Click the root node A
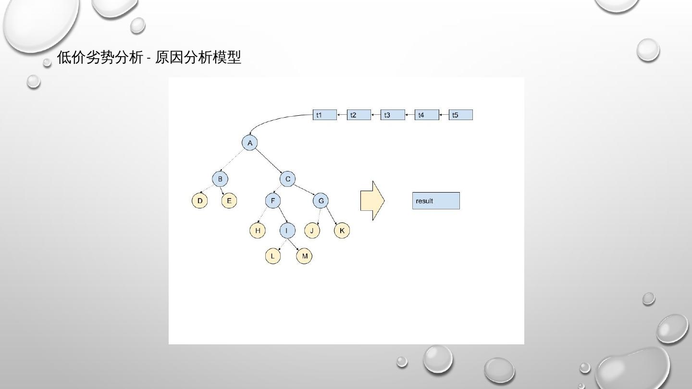pyautogui.click(x=249, y=143)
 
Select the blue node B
pyautogui.click(x=220, y=179)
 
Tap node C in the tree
pyautogui.click(x=287, y=179)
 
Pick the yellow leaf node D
pyautogui.click(x=199, y=200)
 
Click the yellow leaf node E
pyautogui.click(x=229, y=200)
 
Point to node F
pyautogui.click(x=272, y=200)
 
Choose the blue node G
pyautogui.click(x=321, y=200)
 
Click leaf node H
pyautogui.click(x=258, y=231)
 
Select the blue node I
pyautogui.click(x=287, y=231)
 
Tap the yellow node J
pyautogui.click(x=312, y=231)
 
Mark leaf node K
pyautogui.click(x=342, y=231)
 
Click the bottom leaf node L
pyautogui.click(x=272, y=256)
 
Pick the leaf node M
pyautogui.click(x=304, y=256)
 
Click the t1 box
pyautogui.click(x=325, y=115)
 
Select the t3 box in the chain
pyautogui.click(x=393, y=115)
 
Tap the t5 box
pyautogui.click(x=460, y=115)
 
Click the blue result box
pyautogui.click(x=436, y=201)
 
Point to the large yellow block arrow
pyautogui.click(x=371, y=201)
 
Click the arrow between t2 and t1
pyautogui.click(x=342, y=115)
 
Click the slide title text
pyautogui.click(x=149, y=58)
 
